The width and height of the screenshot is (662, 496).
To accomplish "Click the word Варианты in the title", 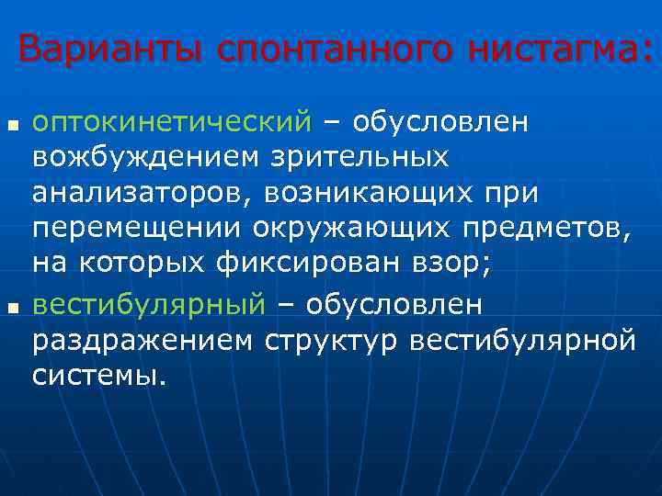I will click(112, 48).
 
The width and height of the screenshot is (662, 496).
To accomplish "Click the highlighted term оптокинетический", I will click(173, 122).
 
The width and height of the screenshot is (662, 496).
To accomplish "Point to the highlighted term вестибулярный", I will click(149, 304).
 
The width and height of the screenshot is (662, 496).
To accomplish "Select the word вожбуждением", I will click(147, 158).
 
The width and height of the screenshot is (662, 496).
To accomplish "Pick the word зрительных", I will click(360, 158).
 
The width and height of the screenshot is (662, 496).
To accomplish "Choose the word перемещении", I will click(134, 230).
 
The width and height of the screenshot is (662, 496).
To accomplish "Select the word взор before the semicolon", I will click(441, 266).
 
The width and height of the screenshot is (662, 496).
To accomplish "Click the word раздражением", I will click(143, 340).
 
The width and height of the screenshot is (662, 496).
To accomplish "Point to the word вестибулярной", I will click(524, 340).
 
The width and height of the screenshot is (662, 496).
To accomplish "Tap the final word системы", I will click(99, 376).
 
